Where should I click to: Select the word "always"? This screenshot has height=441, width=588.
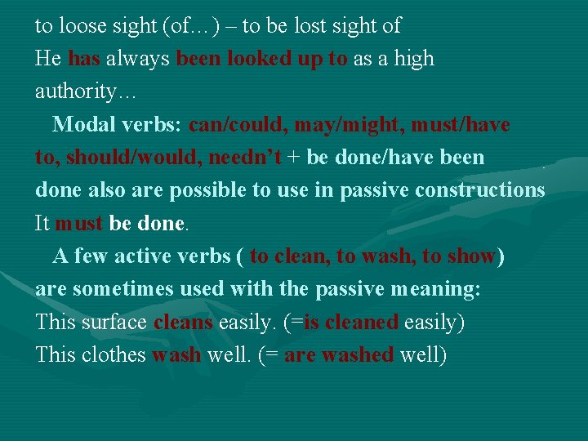(138, 59)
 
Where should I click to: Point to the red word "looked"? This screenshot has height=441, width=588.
(260, 59)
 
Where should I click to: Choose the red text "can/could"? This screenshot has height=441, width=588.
(237, 125)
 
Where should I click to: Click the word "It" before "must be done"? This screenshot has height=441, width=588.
(42, 223)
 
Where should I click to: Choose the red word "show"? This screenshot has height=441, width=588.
(471, 256)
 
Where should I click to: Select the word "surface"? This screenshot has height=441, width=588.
(114, 322)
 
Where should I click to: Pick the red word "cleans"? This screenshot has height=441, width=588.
(182, 322)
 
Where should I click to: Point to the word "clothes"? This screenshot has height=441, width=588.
(114, 355)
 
